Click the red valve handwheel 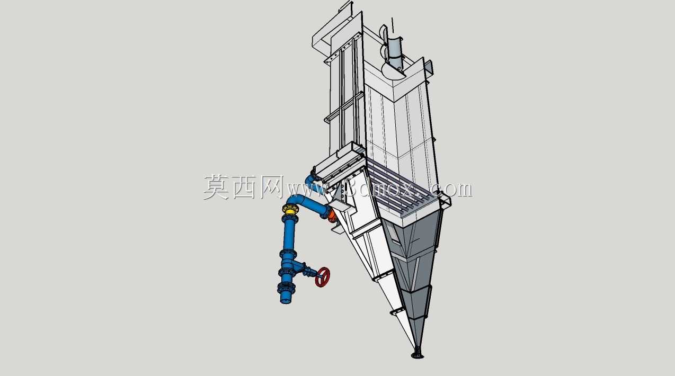pos(322,277)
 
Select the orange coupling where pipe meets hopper pos(332,216)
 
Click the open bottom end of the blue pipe pos(286,300)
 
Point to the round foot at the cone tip pos(418,356)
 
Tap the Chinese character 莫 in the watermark pos(216,187)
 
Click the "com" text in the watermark pos(456,189)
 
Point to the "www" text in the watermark pos(306,190)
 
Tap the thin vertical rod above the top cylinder pos(393,25)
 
